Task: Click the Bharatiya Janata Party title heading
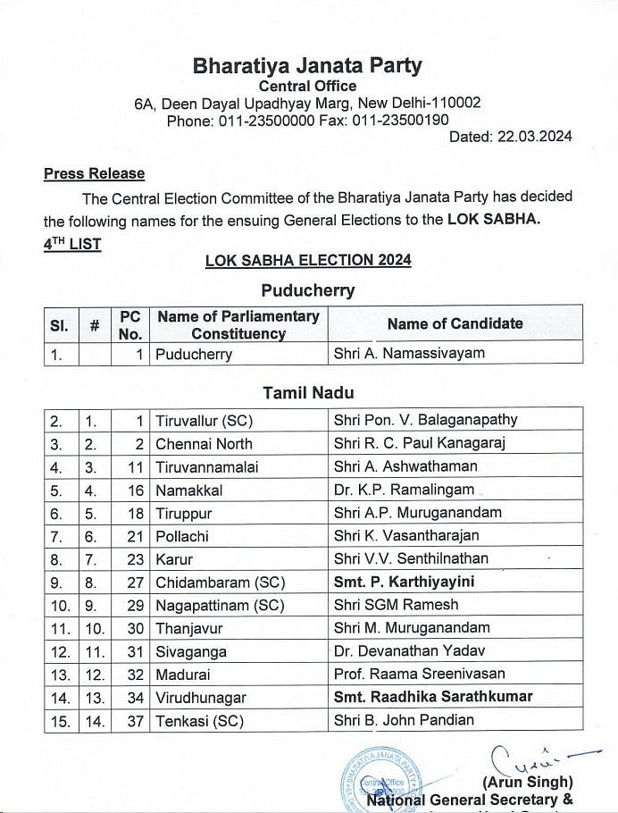click(308, 66)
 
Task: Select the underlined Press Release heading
click(94, 174)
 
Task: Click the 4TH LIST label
click(72, 243)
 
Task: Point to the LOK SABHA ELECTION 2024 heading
click(308, 260)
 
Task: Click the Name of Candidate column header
click(455, 323)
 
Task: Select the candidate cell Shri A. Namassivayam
click(408, 353)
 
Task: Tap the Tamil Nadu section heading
click(308, 392)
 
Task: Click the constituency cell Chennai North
click(204, 443)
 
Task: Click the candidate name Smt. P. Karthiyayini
click(404, 583)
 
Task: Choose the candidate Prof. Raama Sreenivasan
click(419, 675)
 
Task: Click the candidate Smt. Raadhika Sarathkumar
click(432, 697)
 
